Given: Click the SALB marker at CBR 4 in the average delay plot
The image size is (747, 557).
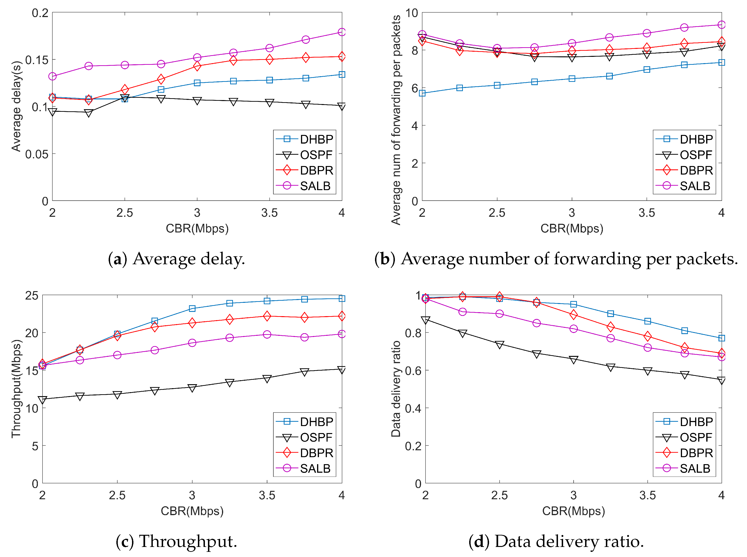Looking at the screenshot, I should pyautogui.click(x=342, y=32).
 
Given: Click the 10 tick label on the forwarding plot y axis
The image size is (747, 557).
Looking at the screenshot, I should pyautogui.click(x=412, y=13).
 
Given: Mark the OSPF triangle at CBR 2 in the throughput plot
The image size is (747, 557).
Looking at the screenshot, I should pyautogui.click(x=43, y=400).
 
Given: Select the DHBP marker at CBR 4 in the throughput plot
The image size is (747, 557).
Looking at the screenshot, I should pyautogui.click(x=342, y=298).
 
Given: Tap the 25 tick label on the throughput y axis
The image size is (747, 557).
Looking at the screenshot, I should pyautogui.click(x=32, y=295).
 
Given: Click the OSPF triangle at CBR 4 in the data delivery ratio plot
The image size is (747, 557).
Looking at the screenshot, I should pyautogui.click(x=721, y=380).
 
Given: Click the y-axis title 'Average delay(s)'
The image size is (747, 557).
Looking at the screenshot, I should pyautogui.click(x=16, y=106).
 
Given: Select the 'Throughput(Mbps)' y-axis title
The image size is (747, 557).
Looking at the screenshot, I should pyautogui.click(x=16, y=388).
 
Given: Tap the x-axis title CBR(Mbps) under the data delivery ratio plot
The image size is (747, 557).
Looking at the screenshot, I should pyautogui.click(x=573, y=511).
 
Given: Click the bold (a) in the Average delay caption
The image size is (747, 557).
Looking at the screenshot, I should pyautogui.click(x=117, y=259).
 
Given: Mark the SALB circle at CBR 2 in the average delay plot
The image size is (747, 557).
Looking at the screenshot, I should pyautogui.click(x=52, y=76).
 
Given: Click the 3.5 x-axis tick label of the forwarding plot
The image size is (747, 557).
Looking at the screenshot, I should pyautogui.click(x=647, y=213).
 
